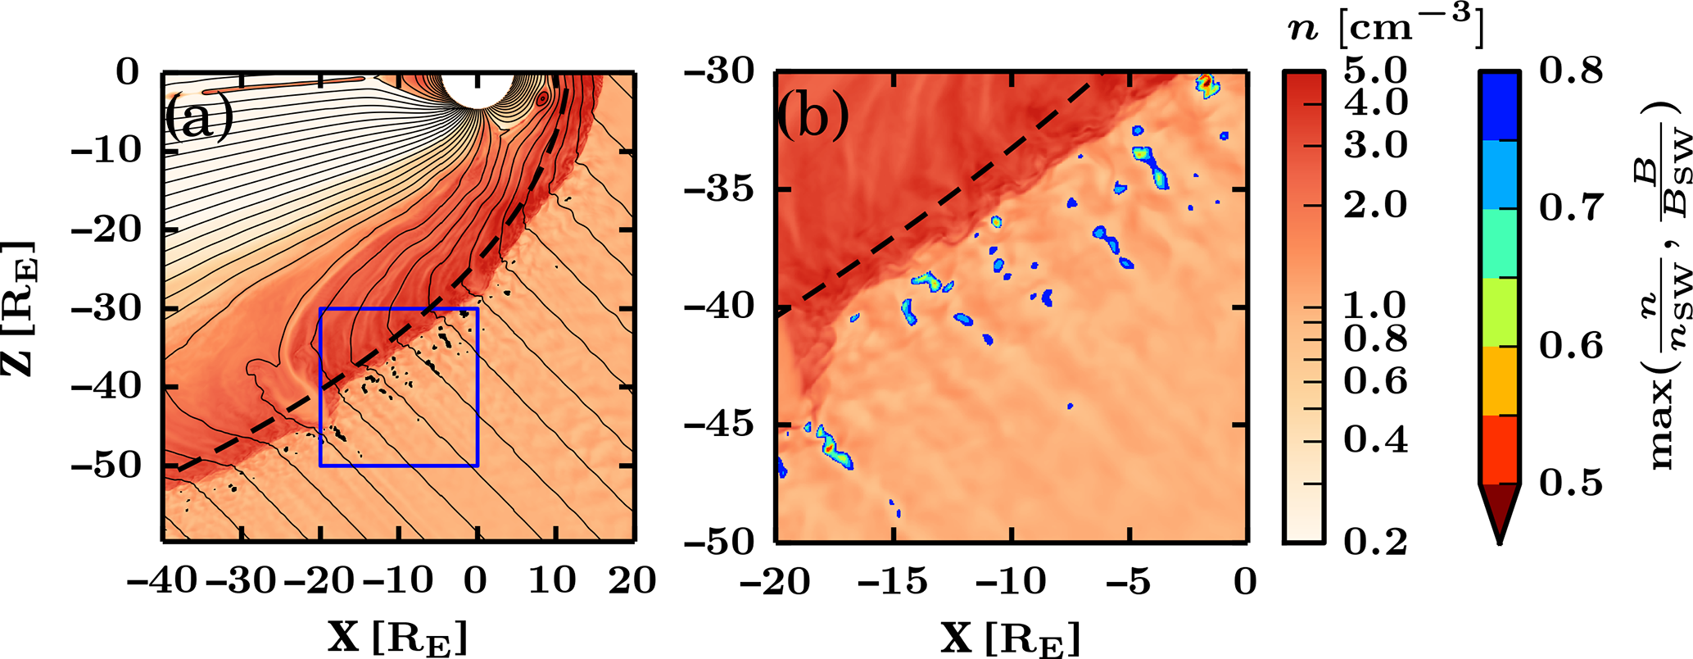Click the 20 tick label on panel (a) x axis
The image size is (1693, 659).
(632, 580)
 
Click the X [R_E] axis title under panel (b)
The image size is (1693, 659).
(1010, 638)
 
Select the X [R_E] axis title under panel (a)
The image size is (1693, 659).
(398, 638)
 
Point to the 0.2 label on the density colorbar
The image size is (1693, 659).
(1375, 541)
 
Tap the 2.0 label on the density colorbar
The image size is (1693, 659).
(1375, 204)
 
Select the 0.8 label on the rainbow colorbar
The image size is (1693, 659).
(1571, 71)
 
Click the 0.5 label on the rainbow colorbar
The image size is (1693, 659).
(1571, 483)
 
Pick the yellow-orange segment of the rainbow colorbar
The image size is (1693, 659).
(1499, 380)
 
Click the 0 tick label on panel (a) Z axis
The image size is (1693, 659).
(128, 72)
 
